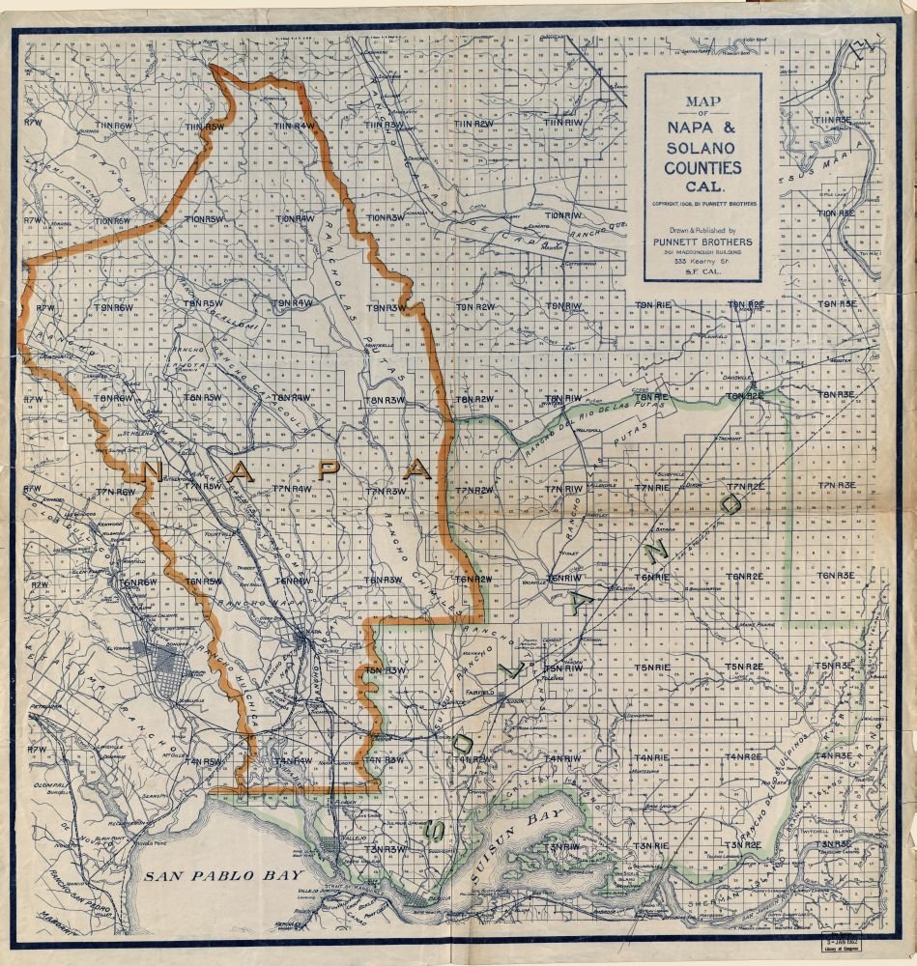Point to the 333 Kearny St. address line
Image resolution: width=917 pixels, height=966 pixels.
pos(702,262)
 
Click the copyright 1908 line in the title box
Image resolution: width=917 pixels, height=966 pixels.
pos(702,205)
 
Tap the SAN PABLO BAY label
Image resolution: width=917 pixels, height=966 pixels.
pos(198,877)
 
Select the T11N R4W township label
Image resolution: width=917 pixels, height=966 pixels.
pos(295,126)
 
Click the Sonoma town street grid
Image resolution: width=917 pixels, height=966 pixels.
pos(170,668)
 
